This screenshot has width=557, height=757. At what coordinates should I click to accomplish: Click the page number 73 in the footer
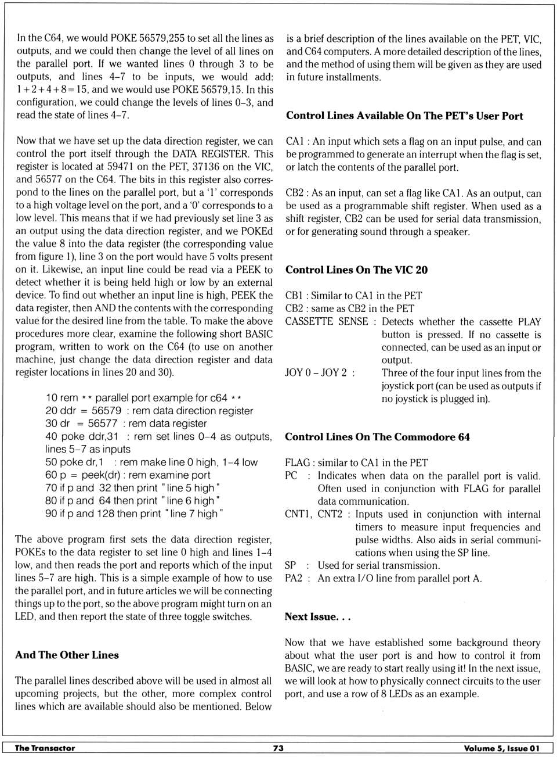coord(278,748)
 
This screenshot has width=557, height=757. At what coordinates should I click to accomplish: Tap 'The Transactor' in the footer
coord(45,748)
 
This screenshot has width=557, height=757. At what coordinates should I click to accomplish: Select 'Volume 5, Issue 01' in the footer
coord(501,748)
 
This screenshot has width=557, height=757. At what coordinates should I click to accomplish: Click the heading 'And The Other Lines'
coord(67,655)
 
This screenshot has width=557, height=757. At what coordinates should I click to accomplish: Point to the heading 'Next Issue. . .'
coord(317,616)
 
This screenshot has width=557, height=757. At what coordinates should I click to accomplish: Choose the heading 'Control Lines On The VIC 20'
coord(356,270)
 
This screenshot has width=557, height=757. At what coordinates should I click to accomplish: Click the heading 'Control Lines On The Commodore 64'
coord(377,437)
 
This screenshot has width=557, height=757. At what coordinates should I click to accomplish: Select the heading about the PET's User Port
coord(404,116)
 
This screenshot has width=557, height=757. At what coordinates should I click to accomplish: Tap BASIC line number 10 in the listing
coord(51,398)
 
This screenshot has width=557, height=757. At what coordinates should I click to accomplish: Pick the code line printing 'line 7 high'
coord(134,514)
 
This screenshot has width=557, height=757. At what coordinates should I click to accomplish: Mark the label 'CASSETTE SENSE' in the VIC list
coord(327,321)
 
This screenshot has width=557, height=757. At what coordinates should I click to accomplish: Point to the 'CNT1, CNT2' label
coord(313,514)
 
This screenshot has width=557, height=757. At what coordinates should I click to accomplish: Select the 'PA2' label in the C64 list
coord(294,578)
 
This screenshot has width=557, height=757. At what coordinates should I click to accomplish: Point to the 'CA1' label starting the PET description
coord(294,142)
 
